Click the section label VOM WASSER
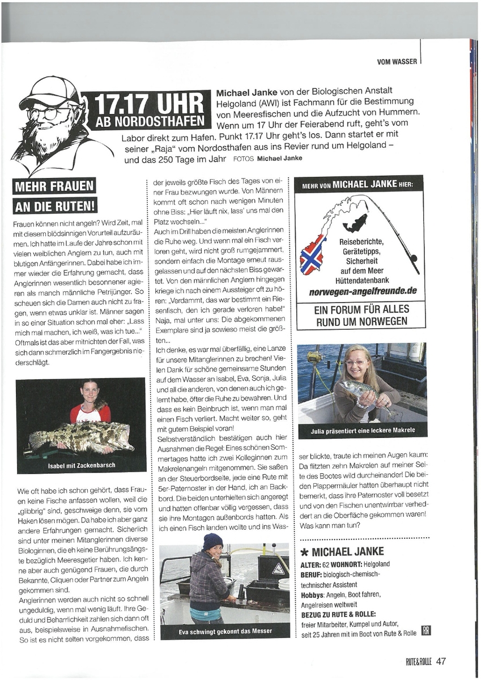click(397, 61)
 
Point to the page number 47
click(441, 661)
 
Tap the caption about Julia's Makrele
click(363, 431)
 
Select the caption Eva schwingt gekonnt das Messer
click(224, 631)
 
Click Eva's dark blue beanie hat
click(212, 541)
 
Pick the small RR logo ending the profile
click(426, 632)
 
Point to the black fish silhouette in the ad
click(356, 223)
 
